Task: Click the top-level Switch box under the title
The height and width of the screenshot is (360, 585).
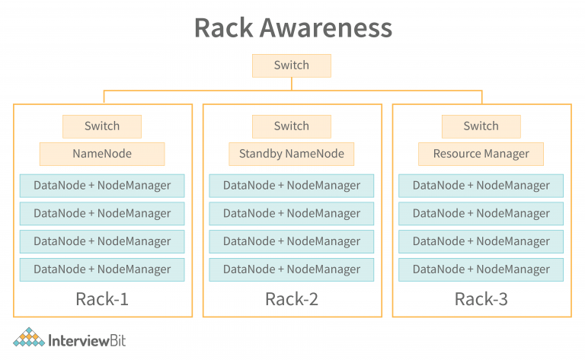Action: (292, 65)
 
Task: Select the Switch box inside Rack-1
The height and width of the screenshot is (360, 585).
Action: (102, 126)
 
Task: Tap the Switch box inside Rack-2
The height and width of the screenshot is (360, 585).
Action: (292, 126)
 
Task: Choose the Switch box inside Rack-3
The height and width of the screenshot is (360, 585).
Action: (481, 126)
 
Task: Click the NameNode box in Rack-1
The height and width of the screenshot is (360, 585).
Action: (102, 154)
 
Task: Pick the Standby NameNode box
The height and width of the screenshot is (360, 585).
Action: (292, 154)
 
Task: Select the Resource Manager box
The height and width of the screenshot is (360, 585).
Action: (481, 154)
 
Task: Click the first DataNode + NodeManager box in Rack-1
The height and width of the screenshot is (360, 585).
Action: (102, 186)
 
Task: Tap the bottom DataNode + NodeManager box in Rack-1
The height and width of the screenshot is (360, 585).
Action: (102, 269)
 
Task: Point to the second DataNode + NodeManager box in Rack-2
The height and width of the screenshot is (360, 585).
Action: (292, 214)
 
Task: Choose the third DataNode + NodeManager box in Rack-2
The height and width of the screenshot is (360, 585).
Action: (292, 241)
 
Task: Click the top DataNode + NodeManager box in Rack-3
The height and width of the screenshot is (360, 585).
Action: (481, 186)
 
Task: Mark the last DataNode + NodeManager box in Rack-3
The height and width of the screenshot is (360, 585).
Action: (481, 269)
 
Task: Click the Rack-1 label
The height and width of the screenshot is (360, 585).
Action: (102, 299)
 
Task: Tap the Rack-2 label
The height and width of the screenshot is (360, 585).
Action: (292, 299)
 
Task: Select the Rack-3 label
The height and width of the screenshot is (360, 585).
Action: (481, 299)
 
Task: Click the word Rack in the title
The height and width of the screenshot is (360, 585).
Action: (225, 28)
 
